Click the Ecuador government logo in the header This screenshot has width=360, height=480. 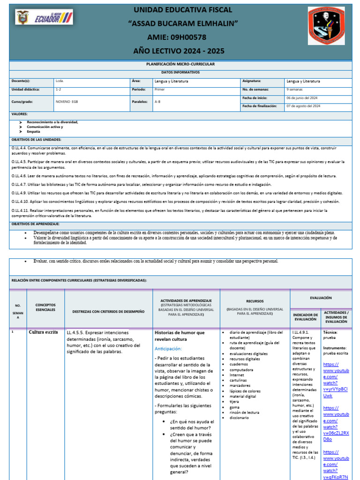44,18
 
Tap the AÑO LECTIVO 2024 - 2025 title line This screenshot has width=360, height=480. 180,51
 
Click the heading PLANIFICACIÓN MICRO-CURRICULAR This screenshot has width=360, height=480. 180,63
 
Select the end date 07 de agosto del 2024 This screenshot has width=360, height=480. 303,106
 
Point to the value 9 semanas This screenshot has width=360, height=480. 294,89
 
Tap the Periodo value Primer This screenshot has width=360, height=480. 159,89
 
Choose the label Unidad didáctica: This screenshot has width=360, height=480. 26,89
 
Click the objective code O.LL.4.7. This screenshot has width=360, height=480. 20,184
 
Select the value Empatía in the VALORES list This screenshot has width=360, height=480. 33,132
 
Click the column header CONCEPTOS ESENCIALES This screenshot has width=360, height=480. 45,307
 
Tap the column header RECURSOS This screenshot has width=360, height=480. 255,301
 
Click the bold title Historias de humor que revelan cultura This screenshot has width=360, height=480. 180,336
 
